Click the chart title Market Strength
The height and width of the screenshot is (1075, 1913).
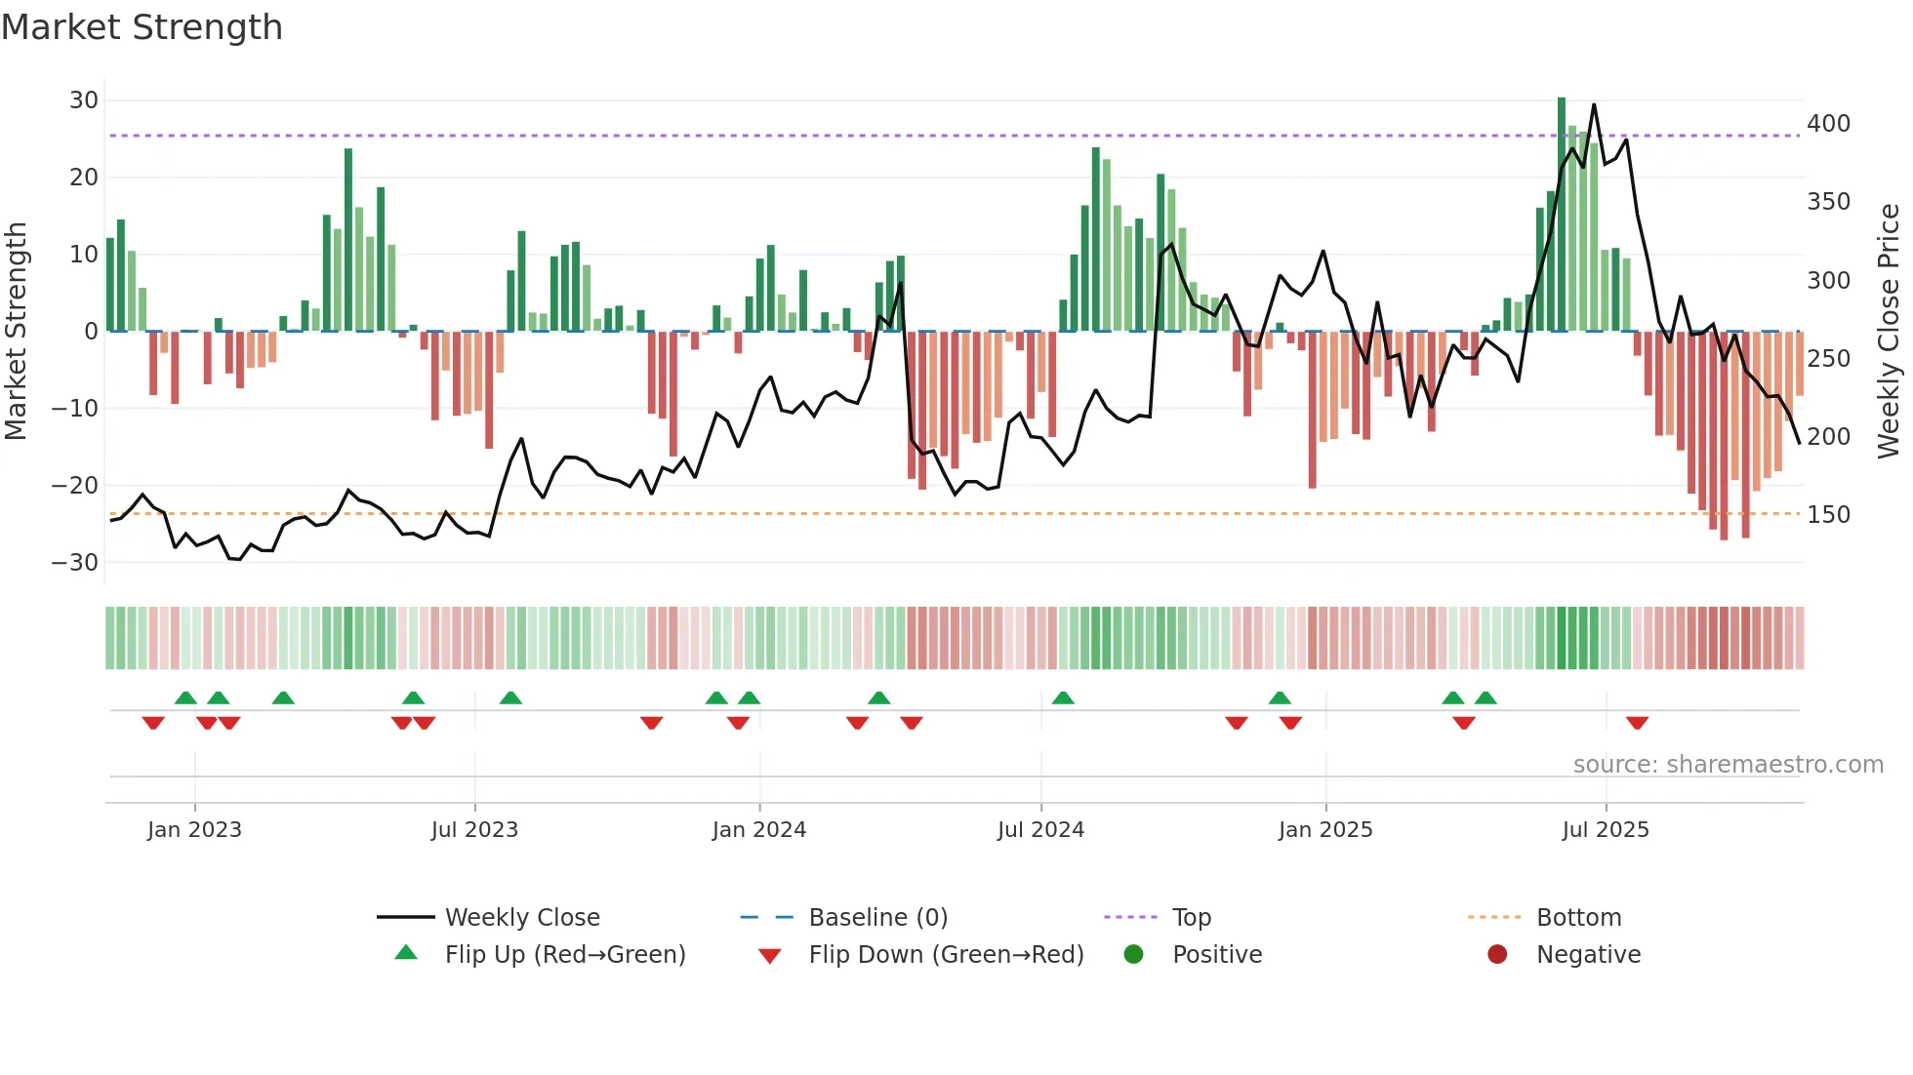pyautogui.click(x=142, y=27)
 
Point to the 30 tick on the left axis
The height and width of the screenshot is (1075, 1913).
pyautogui.click(x=84, y=100)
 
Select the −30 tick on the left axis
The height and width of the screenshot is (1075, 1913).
pyautogui.click(x=76, y=563)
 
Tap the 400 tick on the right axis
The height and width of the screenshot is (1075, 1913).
pyautogui.click(x=1828, y=124)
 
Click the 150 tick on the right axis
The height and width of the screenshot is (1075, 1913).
pyautogui.click(x=1828, y=515)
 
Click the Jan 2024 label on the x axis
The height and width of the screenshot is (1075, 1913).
pyautogui.click(x=758, y=830)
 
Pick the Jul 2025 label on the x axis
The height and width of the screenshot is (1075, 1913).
pyautogui.click(x=1605, y=830)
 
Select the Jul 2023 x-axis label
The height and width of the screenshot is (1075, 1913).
pyautogui.click(x=474, y=830)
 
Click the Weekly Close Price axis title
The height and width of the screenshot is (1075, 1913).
pyautogui.click(x=1889, y=332)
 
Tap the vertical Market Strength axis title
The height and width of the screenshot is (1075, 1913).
pyautogui.click(x=17, y=332)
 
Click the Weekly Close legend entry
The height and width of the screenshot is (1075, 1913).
pyautogui.click(x=522, y=918)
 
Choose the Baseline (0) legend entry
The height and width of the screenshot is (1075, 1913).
pyautogui.click(x=877, y=918)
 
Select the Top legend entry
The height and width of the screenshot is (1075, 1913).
pyautogui.click(x=1191, y=918)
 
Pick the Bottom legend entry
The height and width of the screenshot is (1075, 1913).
pyautogui.click(x=1578, y=918)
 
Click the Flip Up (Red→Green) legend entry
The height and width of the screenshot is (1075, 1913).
pyautogui.click(x=564, y=955)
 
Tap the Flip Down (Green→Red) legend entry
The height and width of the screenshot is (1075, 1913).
pyautogui.click(x=945, y=955)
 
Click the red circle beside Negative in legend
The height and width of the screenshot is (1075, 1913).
pyautogui.click(x=1496, y=955)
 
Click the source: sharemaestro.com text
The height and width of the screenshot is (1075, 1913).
pyautogui.click(x=1728, y=765)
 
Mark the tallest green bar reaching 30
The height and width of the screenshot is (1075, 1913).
pyautogui.click(x=1562, y=215)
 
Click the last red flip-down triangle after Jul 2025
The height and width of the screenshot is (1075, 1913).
pyautogui.click(x=1637, y=723)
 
